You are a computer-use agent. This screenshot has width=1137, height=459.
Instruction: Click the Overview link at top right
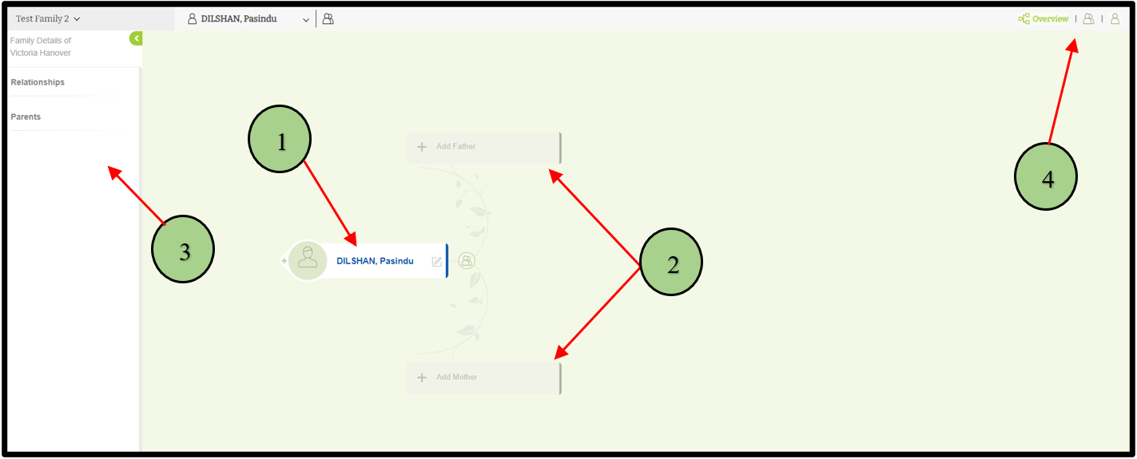tap(1049, 19)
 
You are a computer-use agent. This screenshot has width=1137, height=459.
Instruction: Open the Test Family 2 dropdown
tap(49, 19)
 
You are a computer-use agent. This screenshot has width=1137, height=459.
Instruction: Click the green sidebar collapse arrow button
tap(136, 38)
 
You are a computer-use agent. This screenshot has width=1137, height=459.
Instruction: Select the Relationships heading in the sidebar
tap(38, 82)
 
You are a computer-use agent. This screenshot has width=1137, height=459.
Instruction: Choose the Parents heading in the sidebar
tap(26, 117)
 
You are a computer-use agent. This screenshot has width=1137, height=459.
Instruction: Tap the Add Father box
tap(483, 147)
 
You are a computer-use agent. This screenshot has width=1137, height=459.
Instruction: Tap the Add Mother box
tap(483, 378)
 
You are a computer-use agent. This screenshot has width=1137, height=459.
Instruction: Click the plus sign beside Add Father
tap(422, 147)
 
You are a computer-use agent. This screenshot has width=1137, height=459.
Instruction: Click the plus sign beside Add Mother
tap(422, 378)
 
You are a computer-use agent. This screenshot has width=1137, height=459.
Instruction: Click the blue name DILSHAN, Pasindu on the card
tap(375, 261)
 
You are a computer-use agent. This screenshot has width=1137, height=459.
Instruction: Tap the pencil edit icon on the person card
tap(437, 261)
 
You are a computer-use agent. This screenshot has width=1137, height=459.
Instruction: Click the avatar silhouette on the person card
tap(308, 260)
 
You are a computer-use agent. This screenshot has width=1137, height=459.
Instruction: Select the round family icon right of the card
tap(467, 260)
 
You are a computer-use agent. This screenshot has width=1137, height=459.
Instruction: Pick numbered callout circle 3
tap(183, 250)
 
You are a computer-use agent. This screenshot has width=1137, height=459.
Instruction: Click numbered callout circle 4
tap(1046, 177)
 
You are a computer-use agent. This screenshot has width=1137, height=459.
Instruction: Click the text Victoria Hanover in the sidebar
tap(41, 53)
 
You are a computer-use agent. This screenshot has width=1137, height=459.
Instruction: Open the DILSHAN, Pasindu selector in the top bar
tap(248, 19)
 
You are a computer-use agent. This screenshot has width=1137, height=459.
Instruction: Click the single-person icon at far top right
tap(1115, 19)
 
